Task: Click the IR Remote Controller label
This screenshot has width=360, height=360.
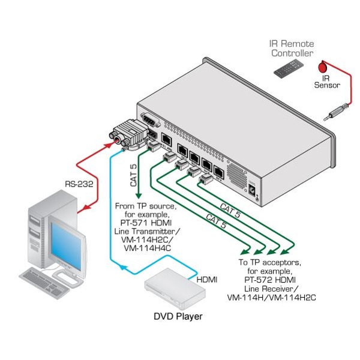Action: (291, 49)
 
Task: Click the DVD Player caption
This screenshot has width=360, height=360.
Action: (178, 316)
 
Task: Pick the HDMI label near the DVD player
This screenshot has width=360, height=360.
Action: (208, 280)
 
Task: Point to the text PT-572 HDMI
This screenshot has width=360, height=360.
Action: (271, 280)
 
